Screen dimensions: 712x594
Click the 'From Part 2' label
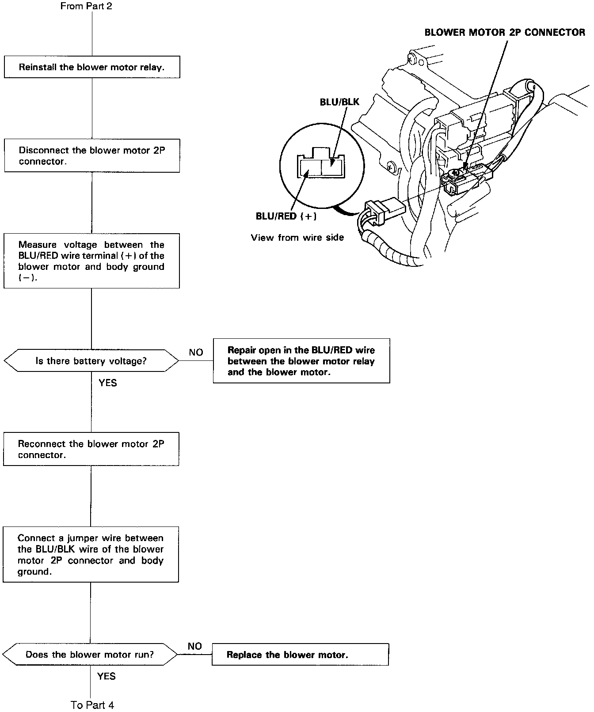(86, 6)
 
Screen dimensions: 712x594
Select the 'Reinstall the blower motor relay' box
(92, 67)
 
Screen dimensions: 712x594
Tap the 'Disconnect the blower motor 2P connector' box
(92, 155)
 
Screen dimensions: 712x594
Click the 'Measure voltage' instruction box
(91, 261)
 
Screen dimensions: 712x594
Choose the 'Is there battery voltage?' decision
(91, 361)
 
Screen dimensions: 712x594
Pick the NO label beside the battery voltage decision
(196, 352)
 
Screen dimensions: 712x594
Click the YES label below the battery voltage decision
(108, 383)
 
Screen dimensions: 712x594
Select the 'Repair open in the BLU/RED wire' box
(301, 361)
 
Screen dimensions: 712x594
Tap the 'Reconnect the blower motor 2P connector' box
(91, 449)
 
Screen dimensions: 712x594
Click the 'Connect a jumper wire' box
(91, 554)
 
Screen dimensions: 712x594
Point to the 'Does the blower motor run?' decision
(90, 654)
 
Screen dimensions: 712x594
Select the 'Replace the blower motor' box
(300, 655)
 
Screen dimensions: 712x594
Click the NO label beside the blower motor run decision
(194, 646)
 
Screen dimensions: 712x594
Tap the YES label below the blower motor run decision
(106, 676)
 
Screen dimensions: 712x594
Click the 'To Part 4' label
(92, 705)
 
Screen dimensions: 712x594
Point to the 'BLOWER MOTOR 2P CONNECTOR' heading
(505, 32)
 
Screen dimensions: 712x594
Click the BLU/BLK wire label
(339, 102)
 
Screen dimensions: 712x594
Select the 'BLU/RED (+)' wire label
(286, 216)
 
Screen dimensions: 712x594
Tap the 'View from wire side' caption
(297, 238)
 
